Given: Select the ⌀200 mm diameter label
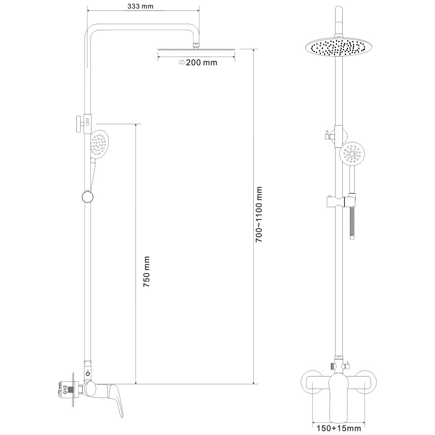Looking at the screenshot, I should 198,63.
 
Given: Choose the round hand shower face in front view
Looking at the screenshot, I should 351,153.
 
